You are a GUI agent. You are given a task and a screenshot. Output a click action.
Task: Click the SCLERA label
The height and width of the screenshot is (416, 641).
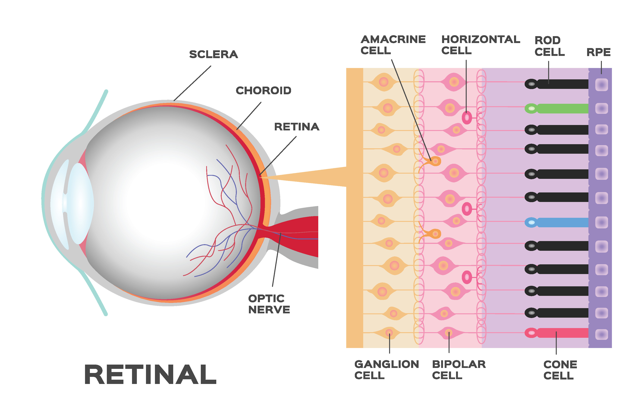coord(214,54)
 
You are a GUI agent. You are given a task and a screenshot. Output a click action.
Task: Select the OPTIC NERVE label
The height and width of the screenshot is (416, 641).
coord(269,304)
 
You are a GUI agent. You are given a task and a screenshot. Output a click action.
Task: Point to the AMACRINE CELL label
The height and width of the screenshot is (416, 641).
coord(393,45)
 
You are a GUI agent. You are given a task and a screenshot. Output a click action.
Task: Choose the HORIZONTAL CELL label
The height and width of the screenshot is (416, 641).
coord(480,45)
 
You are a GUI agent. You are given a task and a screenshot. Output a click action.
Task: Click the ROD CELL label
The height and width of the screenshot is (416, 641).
coord(549,46)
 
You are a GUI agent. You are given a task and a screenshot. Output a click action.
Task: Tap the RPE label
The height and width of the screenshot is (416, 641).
coord(598,52)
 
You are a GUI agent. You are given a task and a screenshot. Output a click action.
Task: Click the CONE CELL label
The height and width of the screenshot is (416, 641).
coord(560,370)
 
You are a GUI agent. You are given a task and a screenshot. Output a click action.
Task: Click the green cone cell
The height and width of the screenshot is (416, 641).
coord(556,108)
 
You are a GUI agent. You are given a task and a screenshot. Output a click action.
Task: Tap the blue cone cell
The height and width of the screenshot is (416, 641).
coord(556,222)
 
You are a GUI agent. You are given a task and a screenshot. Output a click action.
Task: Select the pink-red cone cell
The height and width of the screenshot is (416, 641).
coord(556,333)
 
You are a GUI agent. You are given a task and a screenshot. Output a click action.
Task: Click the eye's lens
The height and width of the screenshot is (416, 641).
coord(80,203)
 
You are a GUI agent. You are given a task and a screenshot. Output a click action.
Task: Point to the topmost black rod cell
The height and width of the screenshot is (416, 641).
coord(556,84)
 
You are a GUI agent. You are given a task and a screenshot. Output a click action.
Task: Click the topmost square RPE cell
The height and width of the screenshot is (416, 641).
coord(601,85)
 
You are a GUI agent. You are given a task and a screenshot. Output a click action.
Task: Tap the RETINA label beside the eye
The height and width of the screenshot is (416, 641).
coord(296,127)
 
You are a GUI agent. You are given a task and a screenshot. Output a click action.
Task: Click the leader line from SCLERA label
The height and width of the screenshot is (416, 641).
coord(192,83)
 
